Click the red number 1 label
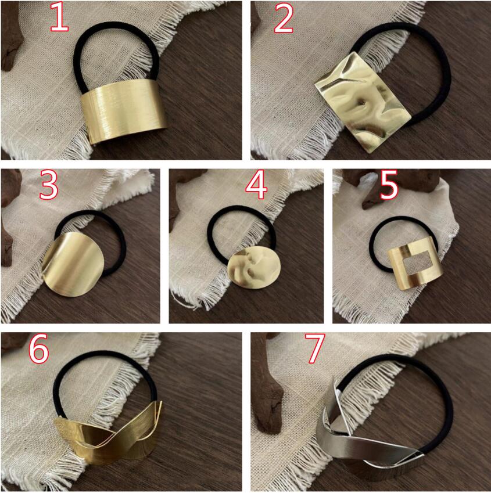[59, 17]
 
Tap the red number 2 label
[284, 18]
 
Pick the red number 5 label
[389, 185]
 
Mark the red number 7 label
[314, 348]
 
